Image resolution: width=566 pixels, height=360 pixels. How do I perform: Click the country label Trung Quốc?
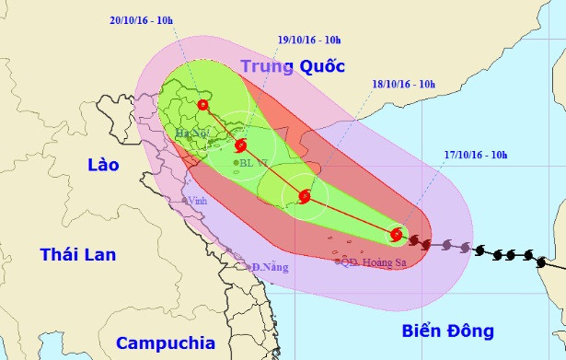click(x=292, y=66)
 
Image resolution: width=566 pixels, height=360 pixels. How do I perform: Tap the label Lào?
click(x=103, y=166)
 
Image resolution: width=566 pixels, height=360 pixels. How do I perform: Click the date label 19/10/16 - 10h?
click(x=308, y=40)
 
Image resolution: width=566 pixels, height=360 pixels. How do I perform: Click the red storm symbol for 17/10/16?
click(x=397, y=235)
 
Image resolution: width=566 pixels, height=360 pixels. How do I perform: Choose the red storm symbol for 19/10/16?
click(x=241, y=145)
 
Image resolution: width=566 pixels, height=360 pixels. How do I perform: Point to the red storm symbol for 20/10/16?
click(x=202, y=106)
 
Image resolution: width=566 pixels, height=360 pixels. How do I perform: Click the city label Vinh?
click(x=196, y=201)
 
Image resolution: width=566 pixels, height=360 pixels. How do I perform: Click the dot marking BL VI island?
click(x=237, y=163)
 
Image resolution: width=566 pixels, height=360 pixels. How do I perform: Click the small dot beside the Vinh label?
click(x=186, y=200)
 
